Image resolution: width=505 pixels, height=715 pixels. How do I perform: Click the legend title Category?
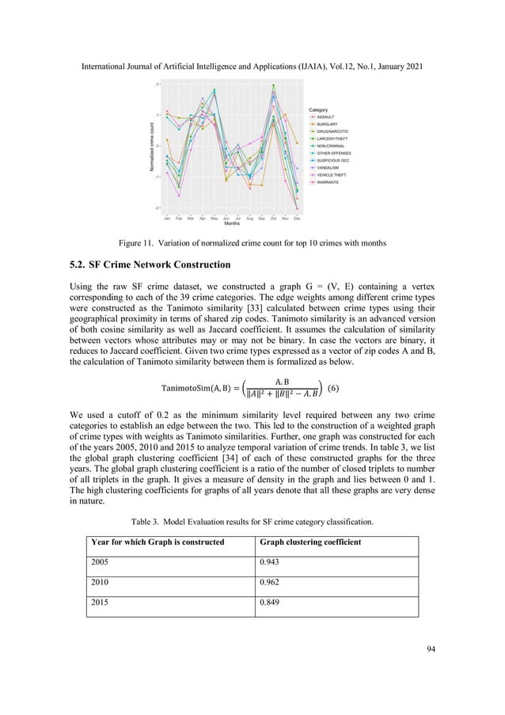(317, 109)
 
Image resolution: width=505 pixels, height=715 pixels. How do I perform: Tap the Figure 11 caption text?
(252, 244)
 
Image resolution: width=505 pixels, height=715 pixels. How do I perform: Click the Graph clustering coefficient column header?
(313, 542)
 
